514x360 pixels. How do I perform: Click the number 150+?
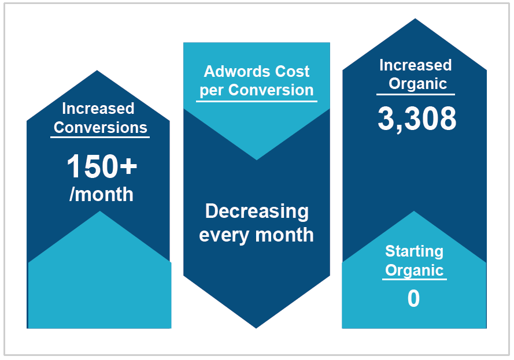coord(102,166)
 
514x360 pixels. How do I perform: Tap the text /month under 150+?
coord(101,194)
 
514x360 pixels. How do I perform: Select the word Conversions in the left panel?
coord(100,128)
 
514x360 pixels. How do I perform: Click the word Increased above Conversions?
coord(98,109)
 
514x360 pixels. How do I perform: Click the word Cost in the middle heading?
coord(292,71)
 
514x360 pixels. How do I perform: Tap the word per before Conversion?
coord(212,90)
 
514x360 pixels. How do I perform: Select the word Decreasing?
coord(257,211)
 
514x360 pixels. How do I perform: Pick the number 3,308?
coord(417,119)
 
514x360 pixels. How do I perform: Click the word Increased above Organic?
coord(415,65)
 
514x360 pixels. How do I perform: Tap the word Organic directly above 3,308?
coord(417,84)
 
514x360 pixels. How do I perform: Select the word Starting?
coord(415,252)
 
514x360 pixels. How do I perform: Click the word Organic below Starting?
coord(415,270)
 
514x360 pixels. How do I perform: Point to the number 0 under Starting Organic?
coord(414,298)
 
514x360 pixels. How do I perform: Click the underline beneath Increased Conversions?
coord(100,137)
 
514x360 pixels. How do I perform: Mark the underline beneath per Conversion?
coord(257,101)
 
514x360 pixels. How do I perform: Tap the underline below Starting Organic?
coord(415,280)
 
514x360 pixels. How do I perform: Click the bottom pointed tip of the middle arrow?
coord(256,328)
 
